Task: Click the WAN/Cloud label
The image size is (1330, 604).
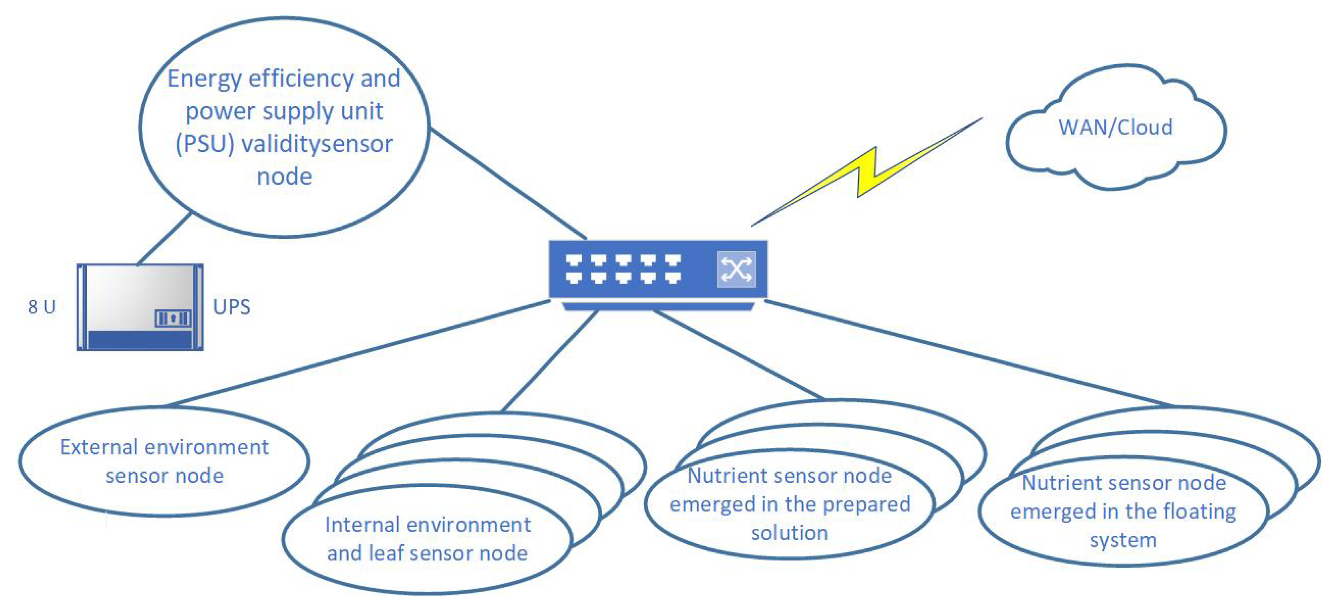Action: (x=1115, y=127)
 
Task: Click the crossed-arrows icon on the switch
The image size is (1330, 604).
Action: (x=736, y=269)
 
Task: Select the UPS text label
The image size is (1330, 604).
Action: (x=232, y=307)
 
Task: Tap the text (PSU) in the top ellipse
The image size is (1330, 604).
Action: (x=205, y=144)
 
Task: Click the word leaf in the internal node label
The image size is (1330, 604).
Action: (x=386, y=553)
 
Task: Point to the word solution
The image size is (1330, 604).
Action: (x=790, y=533)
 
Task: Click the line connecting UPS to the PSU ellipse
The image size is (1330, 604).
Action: (x=165, y=239)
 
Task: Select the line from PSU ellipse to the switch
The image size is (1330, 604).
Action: (x=508, y=183)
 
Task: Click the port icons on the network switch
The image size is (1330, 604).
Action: (x=623, y=269)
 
